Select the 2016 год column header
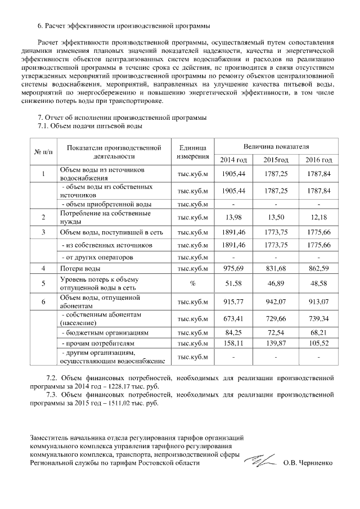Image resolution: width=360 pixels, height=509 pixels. (319, 160)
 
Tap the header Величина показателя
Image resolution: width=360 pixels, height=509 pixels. (276, 145)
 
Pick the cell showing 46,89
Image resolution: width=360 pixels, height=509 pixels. (276, 283)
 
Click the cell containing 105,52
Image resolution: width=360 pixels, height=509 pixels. (319, 343)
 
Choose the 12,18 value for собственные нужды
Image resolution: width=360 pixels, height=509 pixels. (319, 217)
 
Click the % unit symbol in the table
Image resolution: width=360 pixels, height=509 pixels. (192, 283)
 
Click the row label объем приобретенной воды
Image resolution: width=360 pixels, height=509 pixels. (105, 204)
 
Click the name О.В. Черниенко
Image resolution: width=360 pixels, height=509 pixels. (308, 463)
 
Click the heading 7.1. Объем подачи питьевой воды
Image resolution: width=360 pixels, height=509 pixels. (89, 126)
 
